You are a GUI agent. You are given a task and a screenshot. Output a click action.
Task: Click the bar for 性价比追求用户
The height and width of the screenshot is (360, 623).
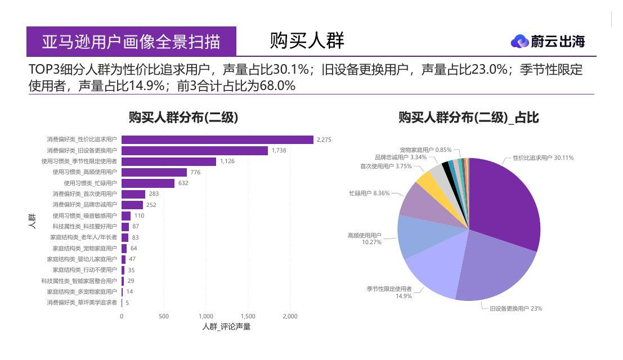tap(217, 139)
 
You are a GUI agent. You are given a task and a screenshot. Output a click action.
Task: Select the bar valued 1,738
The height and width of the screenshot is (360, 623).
tap(195, 151)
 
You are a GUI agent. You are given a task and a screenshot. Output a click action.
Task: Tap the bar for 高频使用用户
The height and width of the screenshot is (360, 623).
tap(154, 172)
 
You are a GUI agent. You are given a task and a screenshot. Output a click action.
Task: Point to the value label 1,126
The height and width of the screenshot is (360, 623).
tap(227, 161)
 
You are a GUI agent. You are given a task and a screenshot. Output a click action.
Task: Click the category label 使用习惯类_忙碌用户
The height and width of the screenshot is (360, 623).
tap(90, 183)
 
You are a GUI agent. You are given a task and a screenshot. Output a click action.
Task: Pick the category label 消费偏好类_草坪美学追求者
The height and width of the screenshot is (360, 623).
tap(82, 303)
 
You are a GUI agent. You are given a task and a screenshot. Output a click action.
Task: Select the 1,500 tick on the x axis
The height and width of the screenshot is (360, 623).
tap(248, 317)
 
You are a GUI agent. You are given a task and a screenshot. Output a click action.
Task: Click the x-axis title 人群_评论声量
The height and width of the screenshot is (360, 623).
tap(226, 327)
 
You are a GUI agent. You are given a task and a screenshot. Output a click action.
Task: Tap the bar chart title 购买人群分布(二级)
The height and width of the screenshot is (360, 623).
tap(183, 118)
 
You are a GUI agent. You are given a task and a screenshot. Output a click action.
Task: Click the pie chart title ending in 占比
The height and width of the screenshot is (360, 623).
tap(468, 118)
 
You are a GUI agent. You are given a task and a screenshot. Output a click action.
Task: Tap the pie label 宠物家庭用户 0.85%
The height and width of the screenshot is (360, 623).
tap(425, 150)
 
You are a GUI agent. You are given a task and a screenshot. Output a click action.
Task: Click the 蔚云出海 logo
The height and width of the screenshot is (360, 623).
tap(548, 41)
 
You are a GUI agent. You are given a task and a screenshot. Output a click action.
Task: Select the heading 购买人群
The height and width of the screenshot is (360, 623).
tap(307, 40)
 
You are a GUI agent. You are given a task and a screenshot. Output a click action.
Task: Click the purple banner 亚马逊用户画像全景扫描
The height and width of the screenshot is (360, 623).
tap(131, 42)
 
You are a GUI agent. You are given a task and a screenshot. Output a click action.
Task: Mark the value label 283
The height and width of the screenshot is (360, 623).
tap(154, 194)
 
